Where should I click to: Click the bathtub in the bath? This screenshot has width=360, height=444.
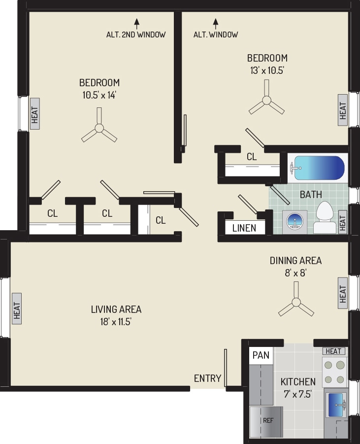point(318,168)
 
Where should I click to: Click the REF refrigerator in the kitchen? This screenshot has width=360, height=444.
point(267,421)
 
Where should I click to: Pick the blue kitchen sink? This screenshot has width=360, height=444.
point(335,403)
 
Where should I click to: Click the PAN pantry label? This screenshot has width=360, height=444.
point(261,355)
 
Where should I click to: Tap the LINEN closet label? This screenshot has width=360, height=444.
point(244,228)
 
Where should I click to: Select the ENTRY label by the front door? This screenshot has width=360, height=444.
point(207,378)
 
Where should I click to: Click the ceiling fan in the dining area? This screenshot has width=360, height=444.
point(296,302)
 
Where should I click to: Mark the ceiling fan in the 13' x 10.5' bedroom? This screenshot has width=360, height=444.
point(266,102)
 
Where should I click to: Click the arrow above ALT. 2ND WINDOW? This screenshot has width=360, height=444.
point(136,22)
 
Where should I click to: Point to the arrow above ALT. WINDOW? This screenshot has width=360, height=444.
point(215,22)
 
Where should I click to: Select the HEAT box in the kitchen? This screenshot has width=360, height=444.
point(333,351)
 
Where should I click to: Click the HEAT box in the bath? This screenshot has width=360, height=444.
point(343,221)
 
